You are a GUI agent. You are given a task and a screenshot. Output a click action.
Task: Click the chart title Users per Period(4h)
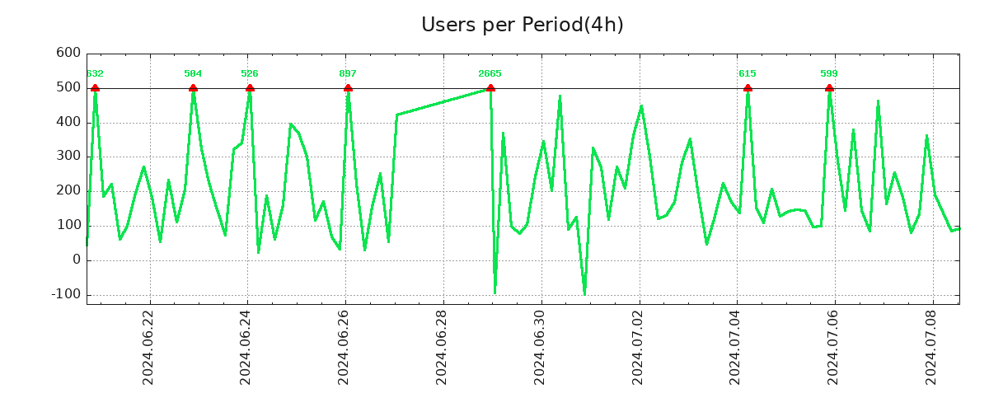(522, 25)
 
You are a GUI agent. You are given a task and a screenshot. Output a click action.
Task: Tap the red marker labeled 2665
(490, 88)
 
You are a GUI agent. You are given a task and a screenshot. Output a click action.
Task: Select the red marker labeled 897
(348, 88)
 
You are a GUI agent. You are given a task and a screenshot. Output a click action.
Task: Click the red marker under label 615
(748, 88)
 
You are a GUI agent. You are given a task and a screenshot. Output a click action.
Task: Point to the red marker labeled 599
(829, 88)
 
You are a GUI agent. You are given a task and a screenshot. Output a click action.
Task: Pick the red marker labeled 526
(250, 88)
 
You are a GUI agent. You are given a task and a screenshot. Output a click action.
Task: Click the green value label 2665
(490, 73)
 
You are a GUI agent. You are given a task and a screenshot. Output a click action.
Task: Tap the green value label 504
(193, 73)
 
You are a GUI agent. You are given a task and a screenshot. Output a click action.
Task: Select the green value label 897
(348, 73)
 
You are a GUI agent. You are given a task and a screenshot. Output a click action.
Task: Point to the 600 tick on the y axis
(68, 54)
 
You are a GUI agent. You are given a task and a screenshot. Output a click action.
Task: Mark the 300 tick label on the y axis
(68, 157)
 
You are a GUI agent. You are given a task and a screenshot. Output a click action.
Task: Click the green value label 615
(748, 73)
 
